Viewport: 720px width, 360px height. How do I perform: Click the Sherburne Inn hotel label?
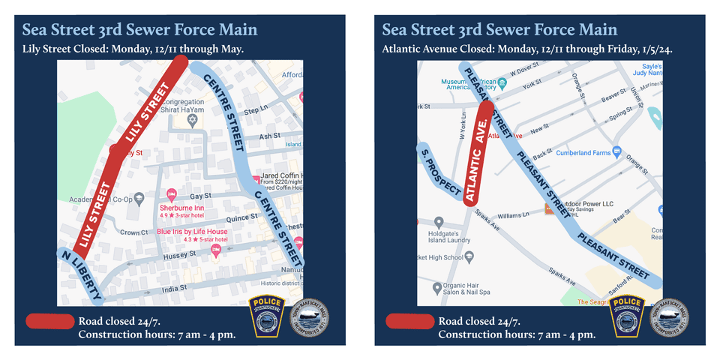[x=181, y=208]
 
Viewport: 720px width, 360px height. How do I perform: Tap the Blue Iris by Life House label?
[x=192, y=232]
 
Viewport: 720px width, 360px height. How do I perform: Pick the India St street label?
[x=175, y=286]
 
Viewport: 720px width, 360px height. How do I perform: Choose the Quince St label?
[x=241, y=217]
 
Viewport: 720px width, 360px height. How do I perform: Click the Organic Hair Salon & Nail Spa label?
[x=465, y=288]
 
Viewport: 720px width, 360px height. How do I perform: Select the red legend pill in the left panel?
[x=49, y=321]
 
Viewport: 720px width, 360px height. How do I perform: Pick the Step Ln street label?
[x=256, y=110]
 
